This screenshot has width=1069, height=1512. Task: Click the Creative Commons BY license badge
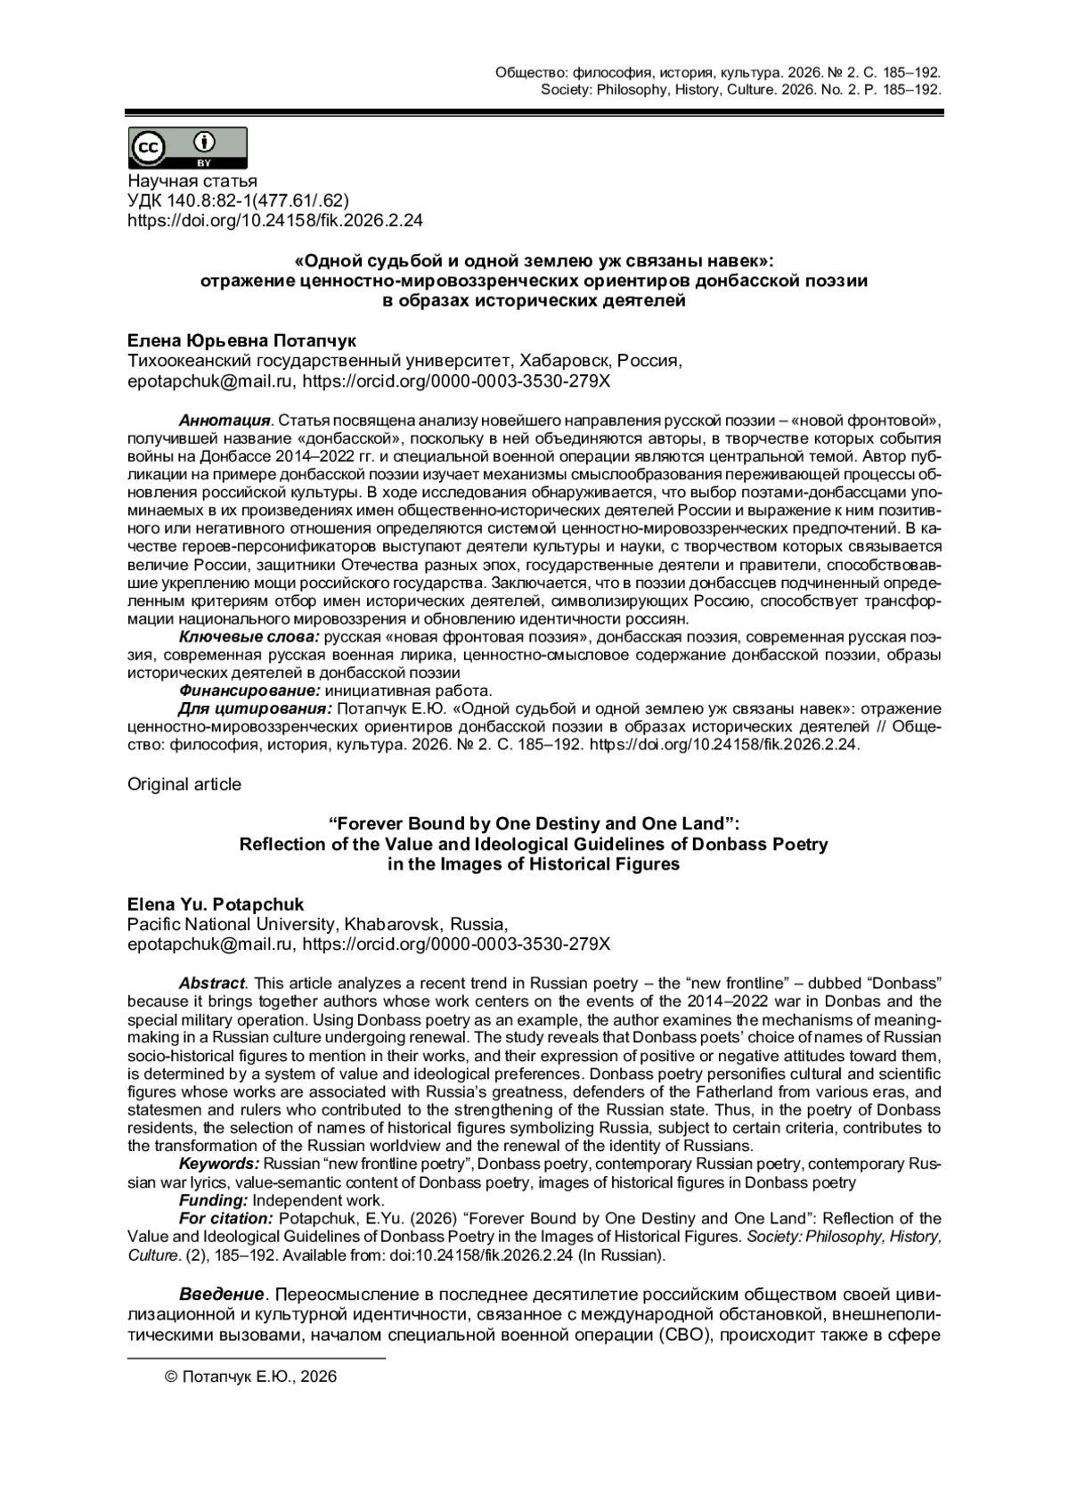point(188,148)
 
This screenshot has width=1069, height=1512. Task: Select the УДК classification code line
point(238,200)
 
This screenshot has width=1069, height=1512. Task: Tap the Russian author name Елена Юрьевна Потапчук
point(241,341)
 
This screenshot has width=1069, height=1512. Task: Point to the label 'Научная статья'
point(192,182)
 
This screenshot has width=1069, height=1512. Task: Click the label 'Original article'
point(184,784)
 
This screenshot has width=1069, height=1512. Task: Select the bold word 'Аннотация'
point(224,420)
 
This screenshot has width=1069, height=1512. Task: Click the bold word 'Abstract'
point(211,983)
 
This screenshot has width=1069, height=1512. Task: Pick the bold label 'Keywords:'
point(219,1165)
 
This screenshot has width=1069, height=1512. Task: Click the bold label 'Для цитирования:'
point(255,708)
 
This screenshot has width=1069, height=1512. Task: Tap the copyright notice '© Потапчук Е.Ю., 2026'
point(251,1377)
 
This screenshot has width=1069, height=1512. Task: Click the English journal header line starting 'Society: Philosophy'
point(740,90)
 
